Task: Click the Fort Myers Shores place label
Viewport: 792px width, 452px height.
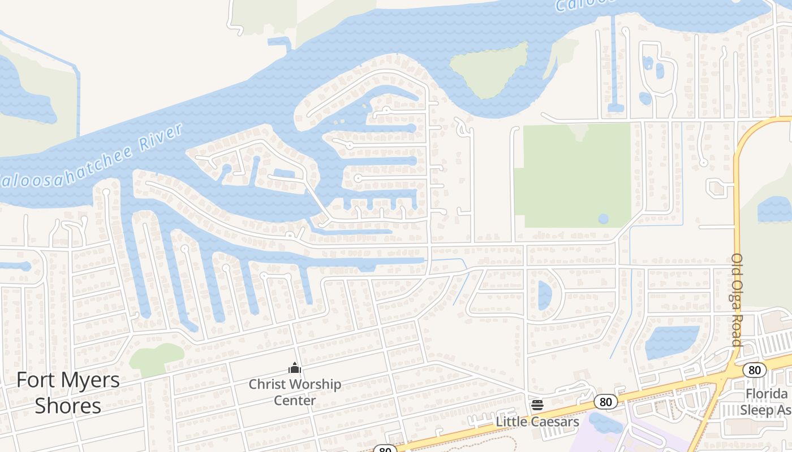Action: (68, 393)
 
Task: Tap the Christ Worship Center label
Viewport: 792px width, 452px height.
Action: (295, 392)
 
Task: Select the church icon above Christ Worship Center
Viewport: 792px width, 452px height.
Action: (295, 368)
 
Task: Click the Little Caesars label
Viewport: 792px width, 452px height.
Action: (537, 421)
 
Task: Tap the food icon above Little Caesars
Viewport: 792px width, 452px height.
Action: (537, 405)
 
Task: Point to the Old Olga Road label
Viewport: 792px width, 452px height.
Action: (737, 299)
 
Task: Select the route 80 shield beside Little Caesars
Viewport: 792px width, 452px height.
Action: (606, 402)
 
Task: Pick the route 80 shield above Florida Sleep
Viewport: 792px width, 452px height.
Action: (754, 370)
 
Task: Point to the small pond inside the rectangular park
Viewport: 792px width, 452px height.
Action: (604, 219)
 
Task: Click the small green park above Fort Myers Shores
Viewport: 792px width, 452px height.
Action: (155, 358)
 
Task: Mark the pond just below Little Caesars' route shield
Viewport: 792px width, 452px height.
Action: (605, 423)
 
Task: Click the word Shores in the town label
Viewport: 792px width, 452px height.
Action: (68, 406)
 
